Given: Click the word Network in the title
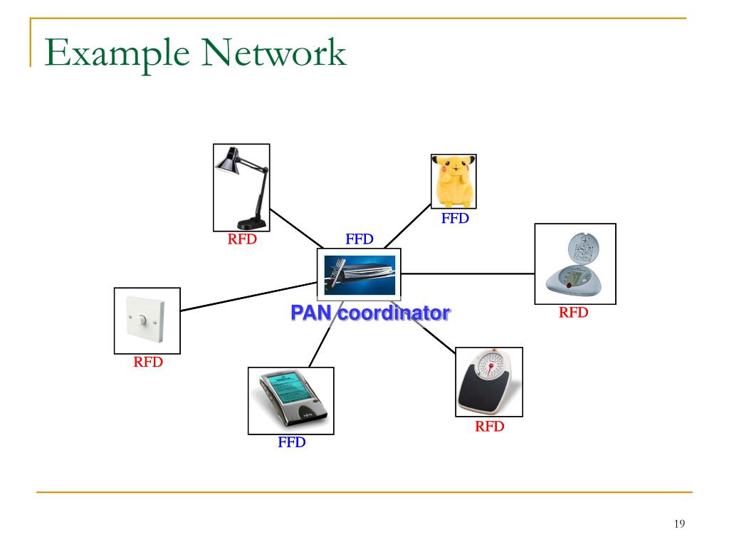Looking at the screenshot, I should click(x=276, y=55).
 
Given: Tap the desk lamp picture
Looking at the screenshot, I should click(x=241, y=187).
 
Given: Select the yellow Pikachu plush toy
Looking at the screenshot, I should click(x=453, y=182).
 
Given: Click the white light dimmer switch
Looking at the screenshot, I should click(x=147, y=321).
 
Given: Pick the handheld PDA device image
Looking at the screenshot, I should click(x=290, y=400).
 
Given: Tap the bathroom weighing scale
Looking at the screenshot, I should click(x=488, y=382).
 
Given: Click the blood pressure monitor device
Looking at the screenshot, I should click(x=575, y=264).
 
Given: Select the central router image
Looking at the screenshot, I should click(x=359, y=274).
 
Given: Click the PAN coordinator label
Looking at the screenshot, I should click(x=369, y=313).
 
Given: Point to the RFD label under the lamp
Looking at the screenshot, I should click(x=242, y=239).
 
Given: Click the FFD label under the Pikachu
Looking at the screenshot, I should click(x=455, y=219).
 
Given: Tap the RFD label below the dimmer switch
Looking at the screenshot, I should click(x=148, y=362).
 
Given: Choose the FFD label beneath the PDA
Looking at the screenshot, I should click(x=291, y=442).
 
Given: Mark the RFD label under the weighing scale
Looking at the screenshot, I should click(x=490, y=427).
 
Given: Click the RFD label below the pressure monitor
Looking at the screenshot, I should click(x=573, y=312).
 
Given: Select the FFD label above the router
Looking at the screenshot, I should click(x=360, y=239).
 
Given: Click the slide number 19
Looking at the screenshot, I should click(x=678, y=524).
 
